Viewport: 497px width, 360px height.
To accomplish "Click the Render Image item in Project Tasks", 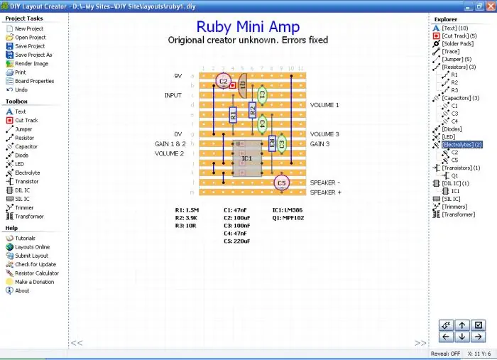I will (31, 63).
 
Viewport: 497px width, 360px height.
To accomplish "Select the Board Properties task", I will (34, 81).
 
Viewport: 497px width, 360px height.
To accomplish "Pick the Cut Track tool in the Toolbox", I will (28, 120).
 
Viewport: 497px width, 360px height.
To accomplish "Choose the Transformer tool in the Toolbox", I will (29, 217).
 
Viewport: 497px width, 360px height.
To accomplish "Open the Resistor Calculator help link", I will (37, 273).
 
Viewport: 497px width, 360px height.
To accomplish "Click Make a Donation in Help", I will (35, 282).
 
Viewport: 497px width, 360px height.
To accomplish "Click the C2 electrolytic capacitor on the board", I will (223, 81).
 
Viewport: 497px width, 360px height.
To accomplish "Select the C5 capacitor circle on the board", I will (281, 182).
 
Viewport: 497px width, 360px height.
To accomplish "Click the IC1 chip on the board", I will (247, 158).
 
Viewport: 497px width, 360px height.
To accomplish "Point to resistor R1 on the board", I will (233, 114).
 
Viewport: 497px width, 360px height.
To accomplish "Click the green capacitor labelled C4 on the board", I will (262, 124).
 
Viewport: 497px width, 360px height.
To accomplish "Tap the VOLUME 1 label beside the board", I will (324, 105).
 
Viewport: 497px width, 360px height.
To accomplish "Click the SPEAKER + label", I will (325, 192).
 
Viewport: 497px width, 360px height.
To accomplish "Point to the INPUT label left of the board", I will (173, 95).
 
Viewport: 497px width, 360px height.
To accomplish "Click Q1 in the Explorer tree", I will (454, 175).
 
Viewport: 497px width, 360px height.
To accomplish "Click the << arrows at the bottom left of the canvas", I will (77, 342).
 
